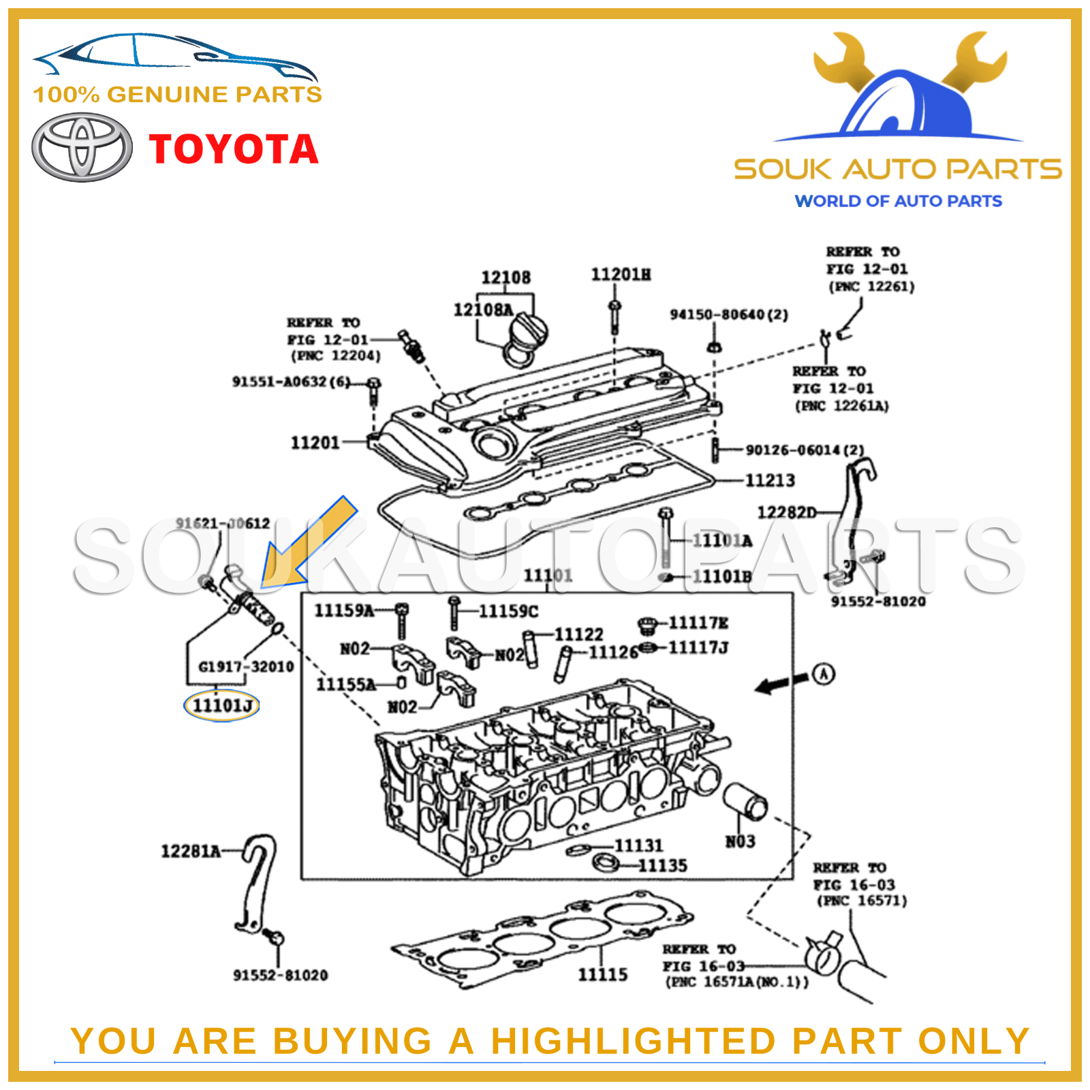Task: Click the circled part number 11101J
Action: point(221,706)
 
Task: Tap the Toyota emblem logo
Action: point(82,147)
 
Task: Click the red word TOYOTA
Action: point(234,149)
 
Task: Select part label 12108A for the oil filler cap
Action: point(483,310)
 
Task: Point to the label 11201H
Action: point(621,275)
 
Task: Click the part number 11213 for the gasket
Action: point(770,480)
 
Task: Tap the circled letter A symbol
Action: point(824,674)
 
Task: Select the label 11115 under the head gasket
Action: point(603,975)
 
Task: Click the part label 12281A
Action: point(191,851)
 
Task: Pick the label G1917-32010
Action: point(246,666)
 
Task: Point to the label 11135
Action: point(662,866)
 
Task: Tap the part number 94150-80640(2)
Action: point(729,315)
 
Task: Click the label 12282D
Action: point(787,512)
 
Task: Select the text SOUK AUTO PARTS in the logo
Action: point(897,170)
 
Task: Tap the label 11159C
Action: point(508,611)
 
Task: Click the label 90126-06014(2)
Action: point(805,450)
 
